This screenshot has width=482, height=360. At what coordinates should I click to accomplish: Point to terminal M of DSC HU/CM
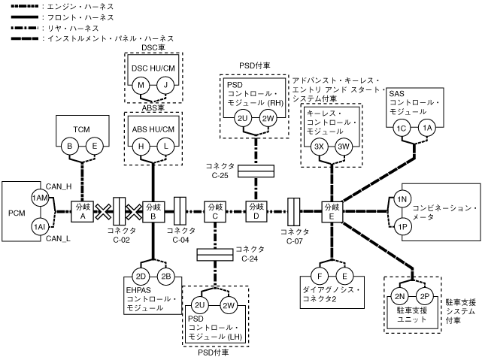click(141, 85)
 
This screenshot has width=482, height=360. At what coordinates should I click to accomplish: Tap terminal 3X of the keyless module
click(319, 147)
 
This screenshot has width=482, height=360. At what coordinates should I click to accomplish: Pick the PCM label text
click(14, 212)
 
